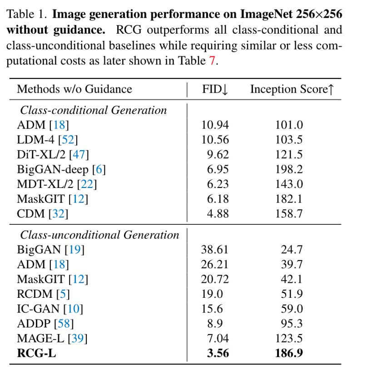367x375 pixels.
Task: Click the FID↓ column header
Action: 215,89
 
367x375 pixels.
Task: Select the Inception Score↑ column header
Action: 292,89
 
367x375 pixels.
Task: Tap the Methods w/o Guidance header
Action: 74,89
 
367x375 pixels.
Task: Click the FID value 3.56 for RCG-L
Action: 215,352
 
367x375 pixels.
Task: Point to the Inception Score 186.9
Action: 289,352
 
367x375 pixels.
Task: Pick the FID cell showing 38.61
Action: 215,249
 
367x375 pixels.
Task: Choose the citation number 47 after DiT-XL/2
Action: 79,154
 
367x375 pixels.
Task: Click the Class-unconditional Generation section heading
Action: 99,235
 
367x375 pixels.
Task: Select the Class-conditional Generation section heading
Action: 93,110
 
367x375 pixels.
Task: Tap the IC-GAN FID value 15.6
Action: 212,309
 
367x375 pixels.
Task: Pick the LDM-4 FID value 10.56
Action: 215,139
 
